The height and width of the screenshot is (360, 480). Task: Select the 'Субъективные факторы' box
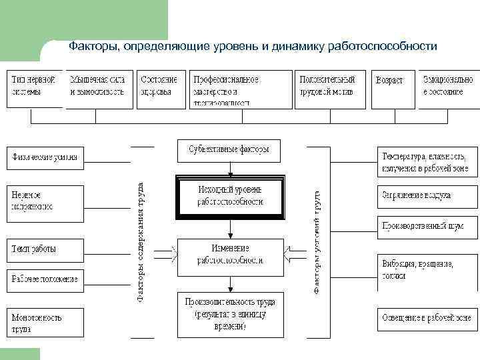click(x=229, y=150)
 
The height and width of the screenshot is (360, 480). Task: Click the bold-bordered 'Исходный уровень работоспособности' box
click(x=230, y=197)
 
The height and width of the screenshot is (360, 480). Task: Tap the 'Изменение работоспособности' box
click(x=230, y=254)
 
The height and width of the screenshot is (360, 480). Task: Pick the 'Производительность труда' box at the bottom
click(x=230, y=314)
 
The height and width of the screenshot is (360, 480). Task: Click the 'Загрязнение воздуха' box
click(x=427, y=196)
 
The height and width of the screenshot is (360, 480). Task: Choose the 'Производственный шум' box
click(x=427, y=227)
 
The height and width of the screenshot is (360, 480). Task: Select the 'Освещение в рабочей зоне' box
click(x=427, y=319)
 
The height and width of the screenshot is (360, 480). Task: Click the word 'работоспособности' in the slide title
click(x=382, y=47)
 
